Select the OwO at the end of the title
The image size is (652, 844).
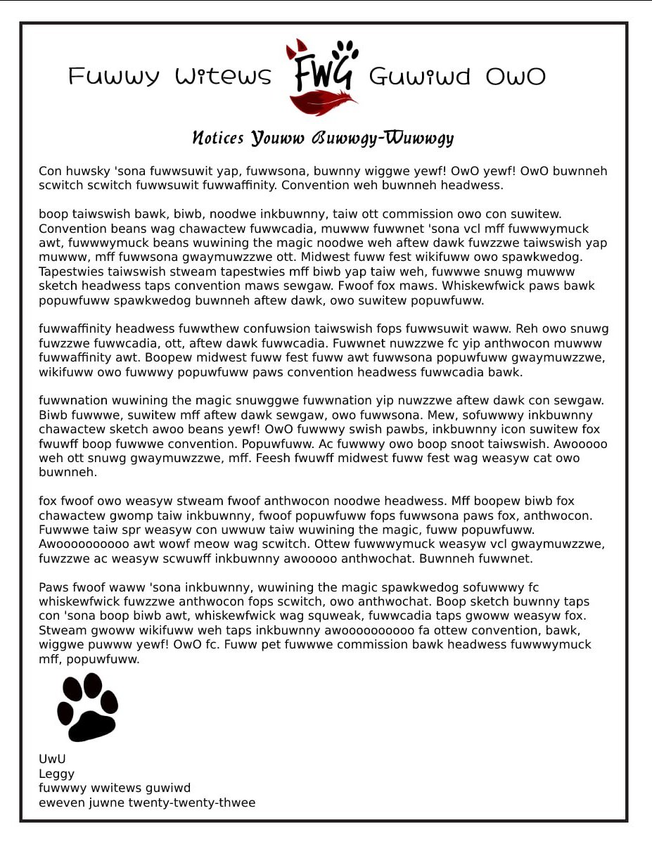pyautogui.click(x=516, y=77)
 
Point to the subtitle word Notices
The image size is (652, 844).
pyautogui.click(x=218, y=138)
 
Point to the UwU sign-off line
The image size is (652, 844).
pyautogui.click(x=52, y=760)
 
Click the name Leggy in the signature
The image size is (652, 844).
pyautogui.click(x=56, y=774)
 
